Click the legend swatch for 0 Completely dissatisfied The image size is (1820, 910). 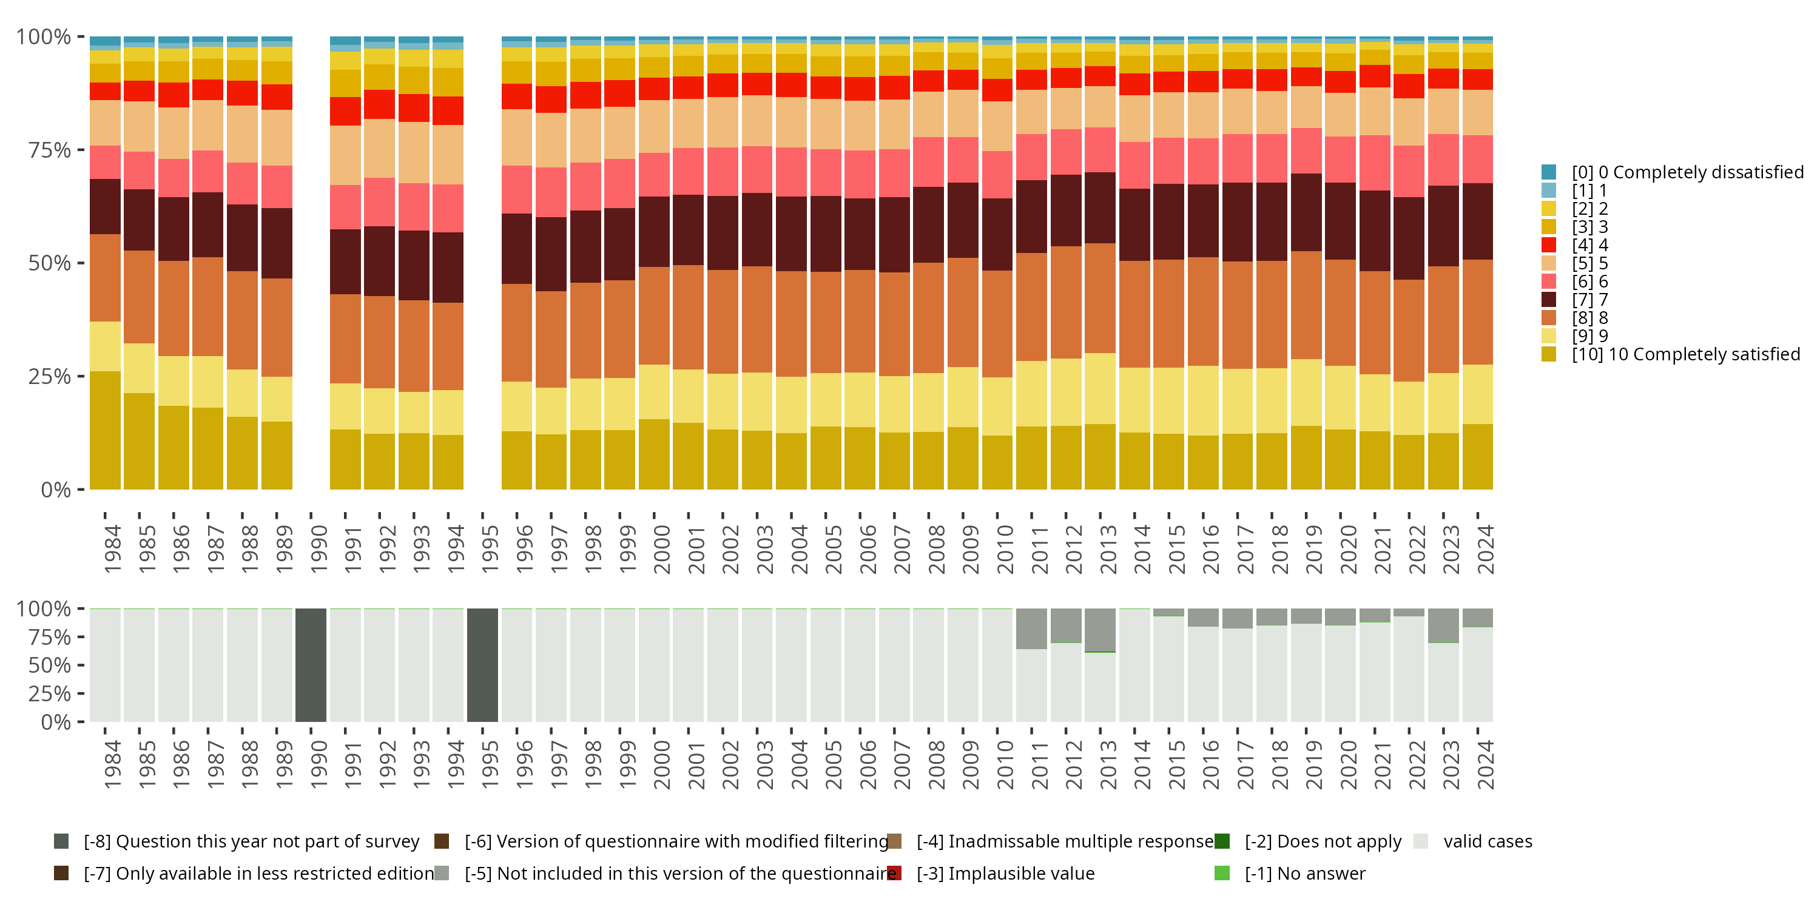[x=1549, y=172]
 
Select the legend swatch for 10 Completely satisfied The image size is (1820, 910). [x=1549, y=354]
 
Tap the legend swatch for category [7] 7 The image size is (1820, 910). [x=1549, y=300]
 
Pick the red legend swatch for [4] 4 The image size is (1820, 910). [x=1549, y=245]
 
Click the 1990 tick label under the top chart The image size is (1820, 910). [x=318, y=549]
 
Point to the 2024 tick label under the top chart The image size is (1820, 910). [x=1485, y=549]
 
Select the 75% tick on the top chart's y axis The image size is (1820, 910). [x=50, y=150]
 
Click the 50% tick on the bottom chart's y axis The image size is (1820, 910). [x=50, y=665]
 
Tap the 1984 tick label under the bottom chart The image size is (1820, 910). [x=112, y=764]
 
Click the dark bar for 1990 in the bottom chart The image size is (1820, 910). [x=311, y=665]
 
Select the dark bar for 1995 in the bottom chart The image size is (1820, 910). [x=482, y=665]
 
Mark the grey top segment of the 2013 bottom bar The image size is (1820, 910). [x=1100, y=629]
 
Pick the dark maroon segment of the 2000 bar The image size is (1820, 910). [x=654, y=232]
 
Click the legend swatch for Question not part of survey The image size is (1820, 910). [x=61, y=841]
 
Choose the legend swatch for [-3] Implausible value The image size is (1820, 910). [x=894, y=873]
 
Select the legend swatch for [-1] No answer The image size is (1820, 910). [x=1222, y=873]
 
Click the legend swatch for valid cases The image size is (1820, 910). [x=1421, y=841]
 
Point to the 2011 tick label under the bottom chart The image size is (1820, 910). [x=1039, y=764]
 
